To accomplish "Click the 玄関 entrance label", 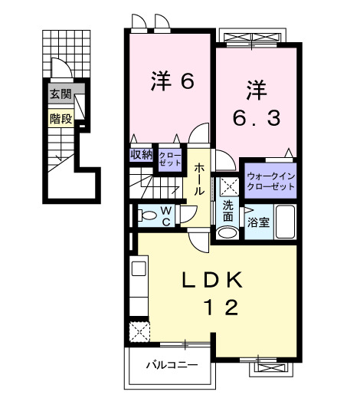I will point(61,94).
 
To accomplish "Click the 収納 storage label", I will point(142,155).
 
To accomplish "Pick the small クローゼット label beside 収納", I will point(170,160).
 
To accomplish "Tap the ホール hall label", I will point(199,179).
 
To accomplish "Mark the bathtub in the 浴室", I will point(286,223).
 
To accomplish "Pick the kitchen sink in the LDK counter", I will point(139,268).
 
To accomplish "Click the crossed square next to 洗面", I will point(227,185).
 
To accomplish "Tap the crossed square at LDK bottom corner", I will point(139,331).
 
